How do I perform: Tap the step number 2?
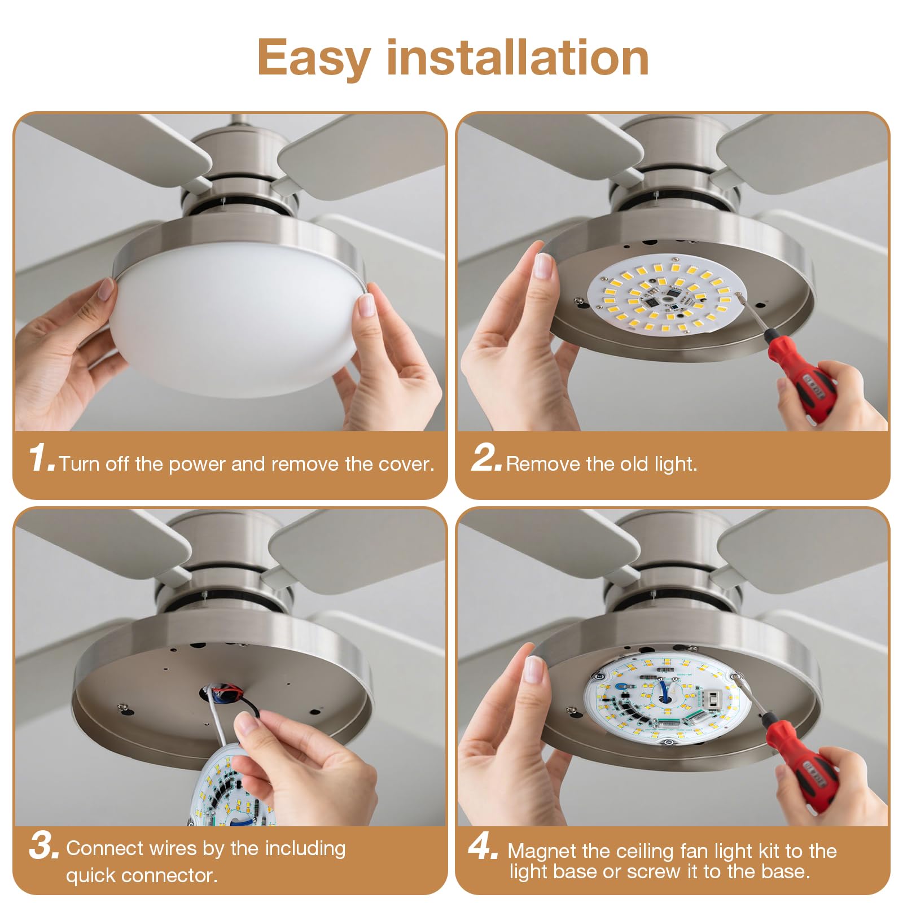click(485, 458)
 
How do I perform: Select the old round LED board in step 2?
click(666, 296)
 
